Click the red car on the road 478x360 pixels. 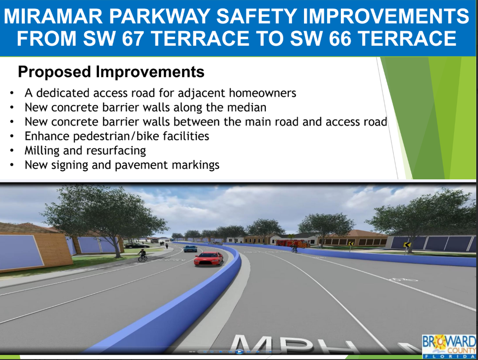click(208, 258)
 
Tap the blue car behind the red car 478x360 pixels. click(190, 248)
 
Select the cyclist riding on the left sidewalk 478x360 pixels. click(143, 255)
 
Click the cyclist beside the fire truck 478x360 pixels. click(294, 248)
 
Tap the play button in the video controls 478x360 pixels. click(239, 352)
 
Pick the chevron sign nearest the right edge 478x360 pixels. click(406, 245)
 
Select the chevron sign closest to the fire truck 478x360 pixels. click(351, 243)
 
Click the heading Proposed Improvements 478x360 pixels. click(111, 72)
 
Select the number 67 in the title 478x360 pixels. click(130, 39)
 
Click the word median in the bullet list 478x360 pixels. click(247, 107)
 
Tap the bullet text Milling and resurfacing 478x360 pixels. click(85, 150)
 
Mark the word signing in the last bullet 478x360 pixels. click(70, 165)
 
